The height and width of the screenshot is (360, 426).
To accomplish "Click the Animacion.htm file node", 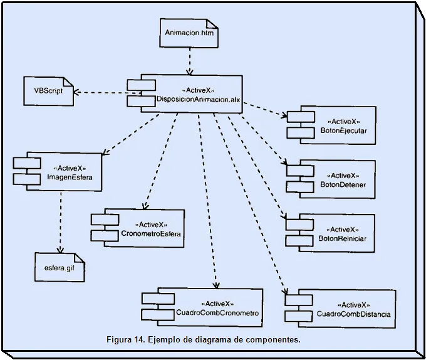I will pos(189,33).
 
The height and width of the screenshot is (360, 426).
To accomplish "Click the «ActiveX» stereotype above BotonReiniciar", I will pos(343,229).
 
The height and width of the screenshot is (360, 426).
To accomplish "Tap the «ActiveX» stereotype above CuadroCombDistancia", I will pos(345,304).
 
